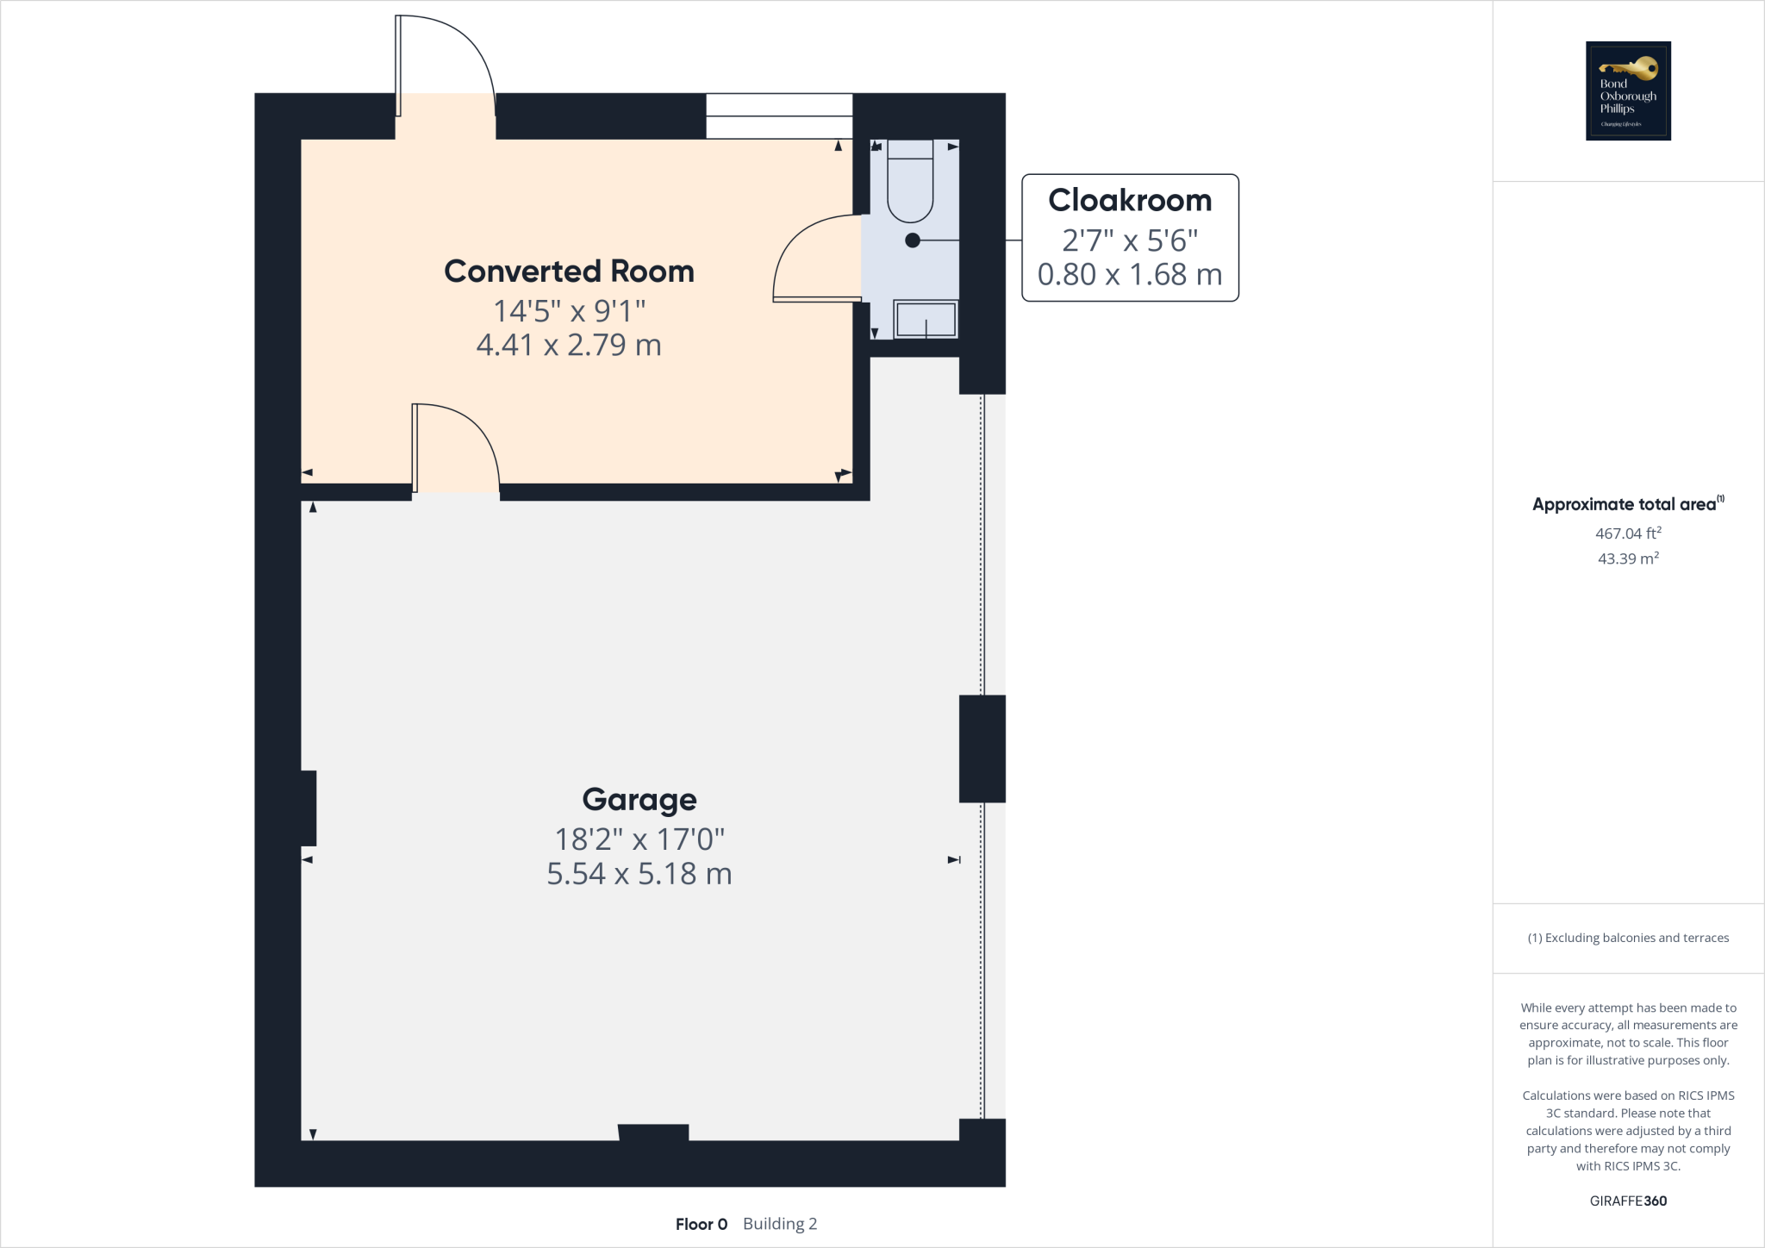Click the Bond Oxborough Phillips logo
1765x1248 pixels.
(x=1628, y=90)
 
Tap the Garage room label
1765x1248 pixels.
(x=639, y=800)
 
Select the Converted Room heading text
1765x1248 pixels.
(x=569, y=271)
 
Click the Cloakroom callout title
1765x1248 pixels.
(x=1130, y=200)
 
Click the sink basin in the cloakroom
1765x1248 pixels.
(x=926, y=319)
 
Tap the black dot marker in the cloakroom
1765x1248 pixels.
(x=913, y=240)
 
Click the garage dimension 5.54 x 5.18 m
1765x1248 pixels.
(x=639, y=874)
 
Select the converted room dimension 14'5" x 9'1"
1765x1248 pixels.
(x=569, y=310)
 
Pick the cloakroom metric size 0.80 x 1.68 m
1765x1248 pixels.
(x=1130, y=275)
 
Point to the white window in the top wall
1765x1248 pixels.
(x=779, y=116)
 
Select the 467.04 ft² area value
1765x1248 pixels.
(x=1628, y=534)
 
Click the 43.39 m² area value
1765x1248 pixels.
(x=1628, y=558)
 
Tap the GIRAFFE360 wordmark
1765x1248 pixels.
(x=1628, y=1201)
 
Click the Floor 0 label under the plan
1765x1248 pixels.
(x=702, y=1224)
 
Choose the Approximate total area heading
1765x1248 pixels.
(x=1625, y=504)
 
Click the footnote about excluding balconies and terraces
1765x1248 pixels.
(x=1628, y=938)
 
